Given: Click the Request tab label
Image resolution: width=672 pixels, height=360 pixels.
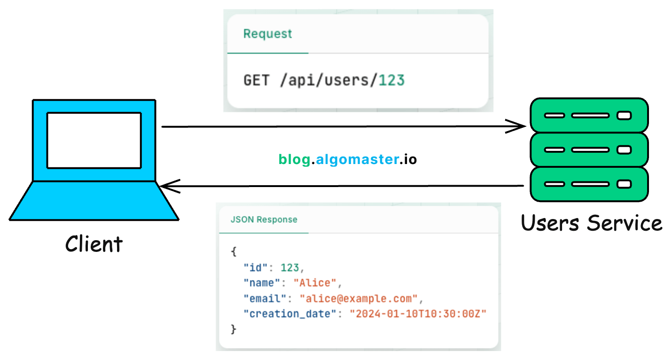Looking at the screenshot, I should tap(267, 34).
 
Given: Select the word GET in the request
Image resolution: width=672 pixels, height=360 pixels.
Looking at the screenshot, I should tap(256, 80).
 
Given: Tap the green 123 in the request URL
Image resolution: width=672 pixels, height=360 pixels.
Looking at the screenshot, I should tap(391, 80).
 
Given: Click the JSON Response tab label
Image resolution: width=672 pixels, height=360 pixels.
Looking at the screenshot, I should tap(264, 219).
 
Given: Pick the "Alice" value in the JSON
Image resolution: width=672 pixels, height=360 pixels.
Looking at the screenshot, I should tap(315, 283).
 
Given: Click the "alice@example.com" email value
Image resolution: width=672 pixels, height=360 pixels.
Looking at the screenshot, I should tap(361, 298).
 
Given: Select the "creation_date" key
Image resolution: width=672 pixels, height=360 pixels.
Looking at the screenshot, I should tap(290, 314).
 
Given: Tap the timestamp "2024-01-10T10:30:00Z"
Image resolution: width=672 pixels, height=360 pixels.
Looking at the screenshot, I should tap(417, 314).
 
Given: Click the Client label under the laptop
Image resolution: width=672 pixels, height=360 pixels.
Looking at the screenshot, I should tap(94, 244).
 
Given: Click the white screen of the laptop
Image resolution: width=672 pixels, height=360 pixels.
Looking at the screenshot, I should tap(94, 140).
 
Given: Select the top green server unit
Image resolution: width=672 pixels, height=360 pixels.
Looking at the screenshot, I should tap(589, 115).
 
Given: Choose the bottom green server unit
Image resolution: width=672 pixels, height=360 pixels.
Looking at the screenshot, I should tap(589, 184).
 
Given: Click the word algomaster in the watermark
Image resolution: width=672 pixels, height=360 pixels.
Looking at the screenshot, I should tap(357, 160).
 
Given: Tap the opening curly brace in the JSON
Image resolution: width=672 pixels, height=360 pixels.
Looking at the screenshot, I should tap(234, 252).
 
